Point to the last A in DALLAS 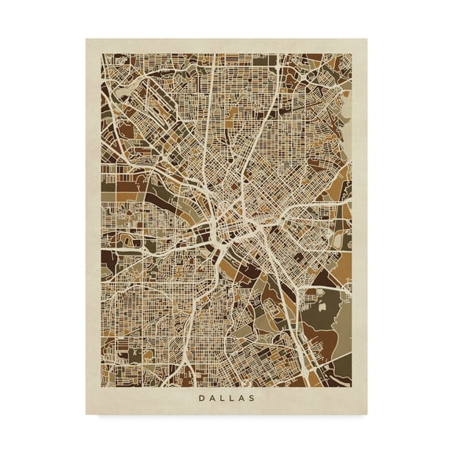coord(241,398)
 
